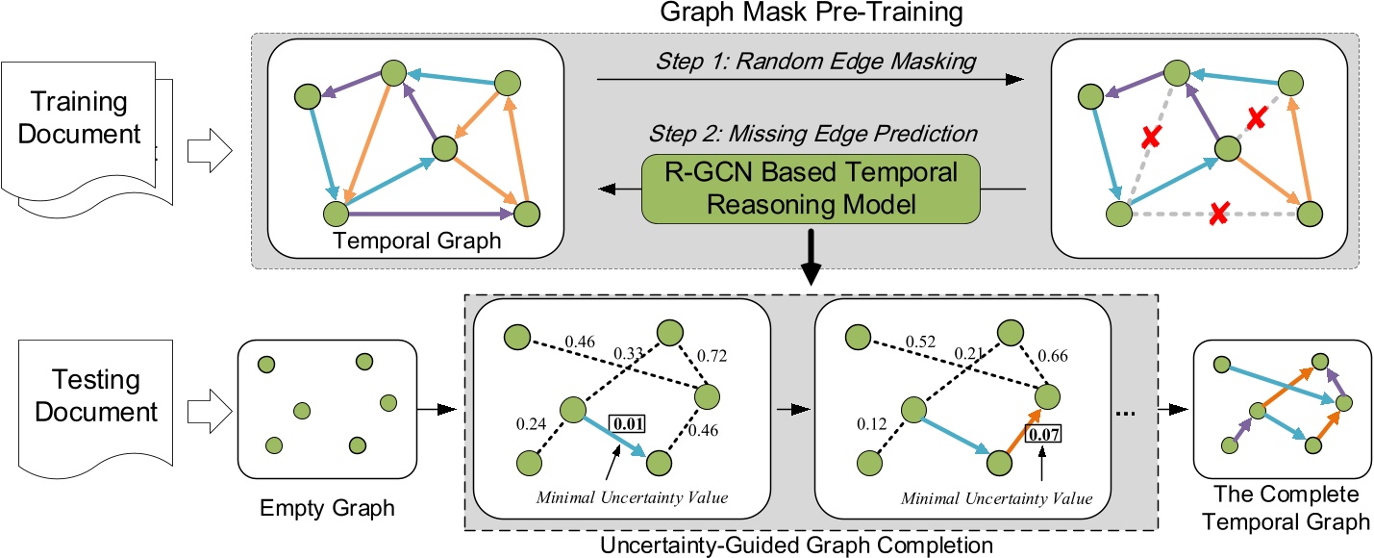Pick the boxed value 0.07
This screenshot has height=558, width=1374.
pos(1044,432)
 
